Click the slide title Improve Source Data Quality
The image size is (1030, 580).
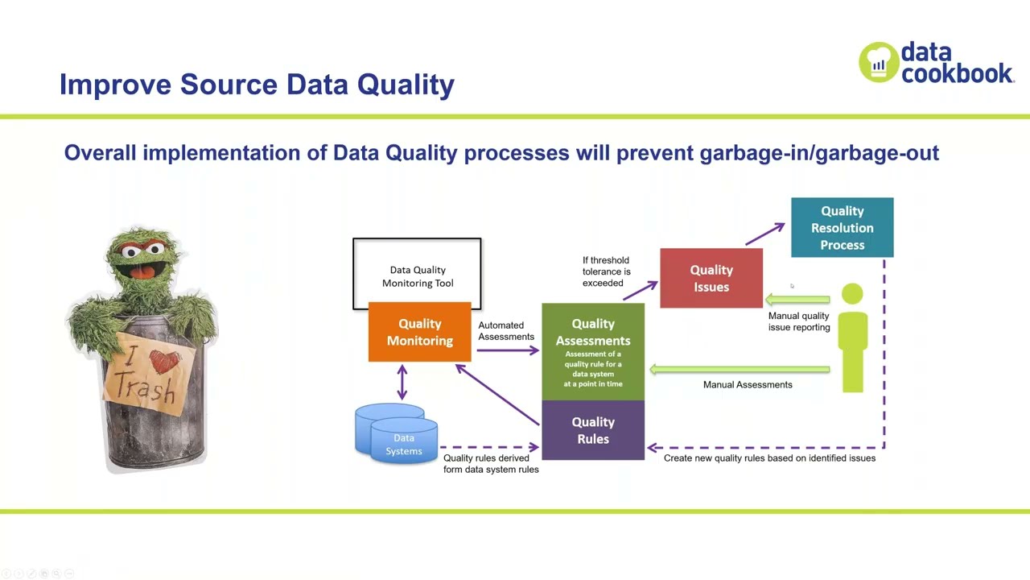(257, 85)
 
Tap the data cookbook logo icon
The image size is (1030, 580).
(878, 62)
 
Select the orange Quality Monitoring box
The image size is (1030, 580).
(419, 332)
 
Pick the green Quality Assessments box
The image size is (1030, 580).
(593, 351)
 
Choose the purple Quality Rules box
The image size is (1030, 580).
(593, 430)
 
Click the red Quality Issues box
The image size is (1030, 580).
(711, 278)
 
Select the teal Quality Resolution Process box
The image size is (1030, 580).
(842, 227)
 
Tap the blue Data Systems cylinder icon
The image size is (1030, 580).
(397, 435)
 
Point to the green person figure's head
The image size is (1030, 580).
(852, 295)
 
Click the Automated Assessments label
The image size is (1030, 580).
(505, 331)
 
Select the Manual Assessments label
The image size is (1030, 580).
(748, 385)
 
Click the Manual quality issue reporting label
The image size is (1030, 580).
(798, 322)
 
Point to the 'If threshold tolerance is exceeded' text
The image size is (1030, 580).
(606, 271)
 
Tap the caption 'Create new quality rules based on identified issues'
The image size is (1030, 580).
(769, 458)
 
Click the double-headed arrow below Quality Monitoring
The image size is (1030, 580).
(402, 382)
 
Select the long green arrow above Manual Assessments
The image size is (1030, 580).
(740, 370)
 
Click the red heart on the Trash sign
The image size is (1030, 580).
(164, 362)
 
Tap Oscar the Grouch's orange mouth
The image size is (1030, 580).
(143, 271)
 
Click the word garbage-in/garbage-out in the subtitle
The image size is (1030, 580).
(818, 152)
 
